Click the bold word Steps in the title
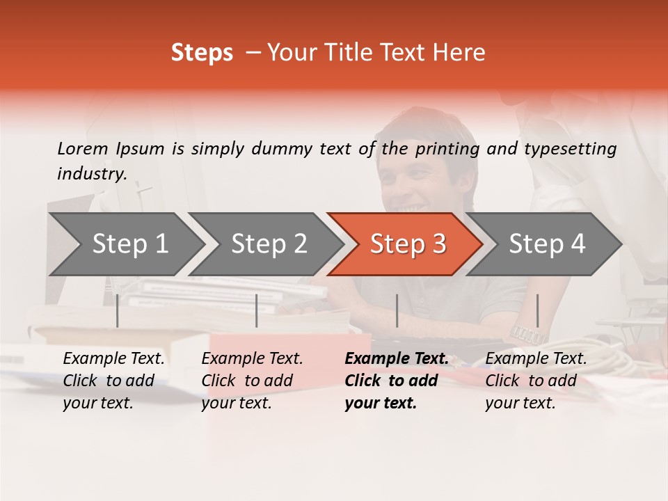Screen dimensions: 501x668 click(202, 53)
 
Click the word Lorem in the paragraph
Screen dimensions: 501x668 click(82, 148)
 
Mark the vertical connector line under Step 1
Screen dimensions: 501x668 click(117, 310)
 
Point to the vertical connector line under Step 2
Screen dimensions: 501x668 click(257, 310)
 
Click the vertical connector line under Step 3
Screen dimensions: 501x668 click(397, 310)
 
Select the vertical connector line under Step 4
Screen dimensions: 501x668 click(537, 310)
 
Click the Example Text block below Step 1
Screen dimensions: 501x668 click(113, 381)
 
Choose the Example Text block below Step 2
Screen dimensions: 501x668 click(252, 381)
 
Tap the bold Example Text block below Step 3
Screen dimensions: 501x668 click(396, 381)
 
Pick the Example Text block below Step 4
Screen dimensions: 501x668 click(536, 381)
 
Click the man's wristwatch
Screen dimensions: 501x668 click(527, 335)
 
